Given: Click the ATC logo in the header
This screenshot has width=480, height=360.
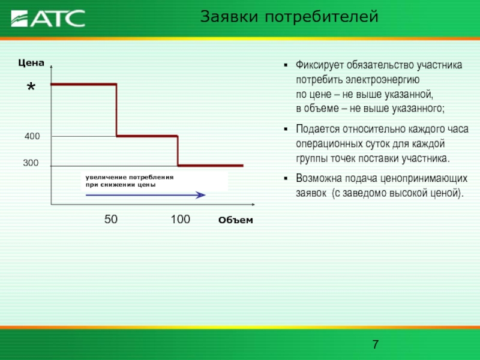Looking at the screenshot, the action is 48,19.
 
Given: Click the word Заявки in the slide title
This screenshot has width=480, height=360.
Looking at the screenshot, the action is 229,17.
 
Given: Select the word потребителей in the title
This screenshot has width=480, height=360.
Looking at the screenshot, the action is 322,17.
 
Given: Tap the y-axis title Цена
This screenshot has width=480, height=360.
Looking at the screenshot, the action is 31,63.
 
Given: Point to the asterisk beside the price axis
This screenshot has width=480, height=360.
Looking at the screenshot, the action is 31,87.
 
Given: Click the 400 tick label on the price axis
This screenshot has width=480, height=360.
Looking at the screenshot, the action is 32,136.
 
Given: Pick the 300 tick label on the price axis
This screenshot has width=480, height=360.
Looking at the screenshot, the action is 31,163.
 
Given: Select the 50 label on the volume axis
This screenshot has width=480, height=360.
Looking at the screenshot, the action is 111,219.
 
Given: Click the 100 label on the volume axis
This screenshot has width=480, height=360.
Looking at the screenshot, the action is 181,219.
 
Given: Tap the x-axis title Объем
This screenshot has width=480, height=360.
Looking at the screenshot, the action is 236,220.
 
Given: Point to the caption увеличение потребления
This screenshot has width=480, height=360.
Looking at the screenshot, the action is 130,178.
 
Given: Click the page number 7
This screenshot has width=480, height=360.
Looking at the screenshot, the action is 376,344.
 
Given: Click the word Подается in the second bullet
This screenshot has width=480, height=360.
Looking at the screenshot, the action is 318,129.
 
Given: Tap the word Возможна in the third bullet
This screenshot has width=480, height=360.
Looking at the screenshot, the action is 318,178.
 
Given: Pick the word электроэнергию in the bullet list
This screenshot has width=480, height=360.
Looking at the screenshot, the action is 383,80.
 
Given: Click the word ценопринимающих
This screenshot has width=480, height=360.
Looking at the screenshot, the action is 424,179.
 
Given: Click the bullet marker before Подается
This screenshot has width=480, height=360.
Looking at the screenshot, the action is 286,129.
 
